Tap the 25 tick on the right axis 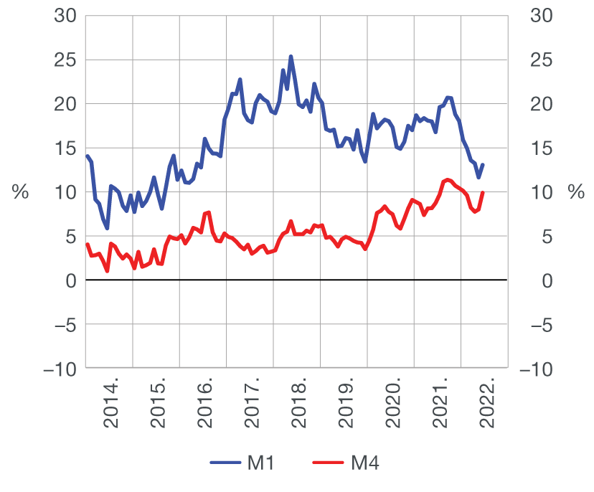[538, 60]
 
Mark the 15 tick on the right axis [538, 148]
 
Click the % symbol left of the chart [19, 191]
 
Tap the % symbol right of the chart [575, 191]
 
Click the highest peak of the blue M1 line [291, 56]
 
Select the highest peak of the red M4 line [447, 179]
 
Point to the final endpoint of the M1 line [483, 165]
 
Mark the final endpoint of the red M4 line [483, 192]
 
